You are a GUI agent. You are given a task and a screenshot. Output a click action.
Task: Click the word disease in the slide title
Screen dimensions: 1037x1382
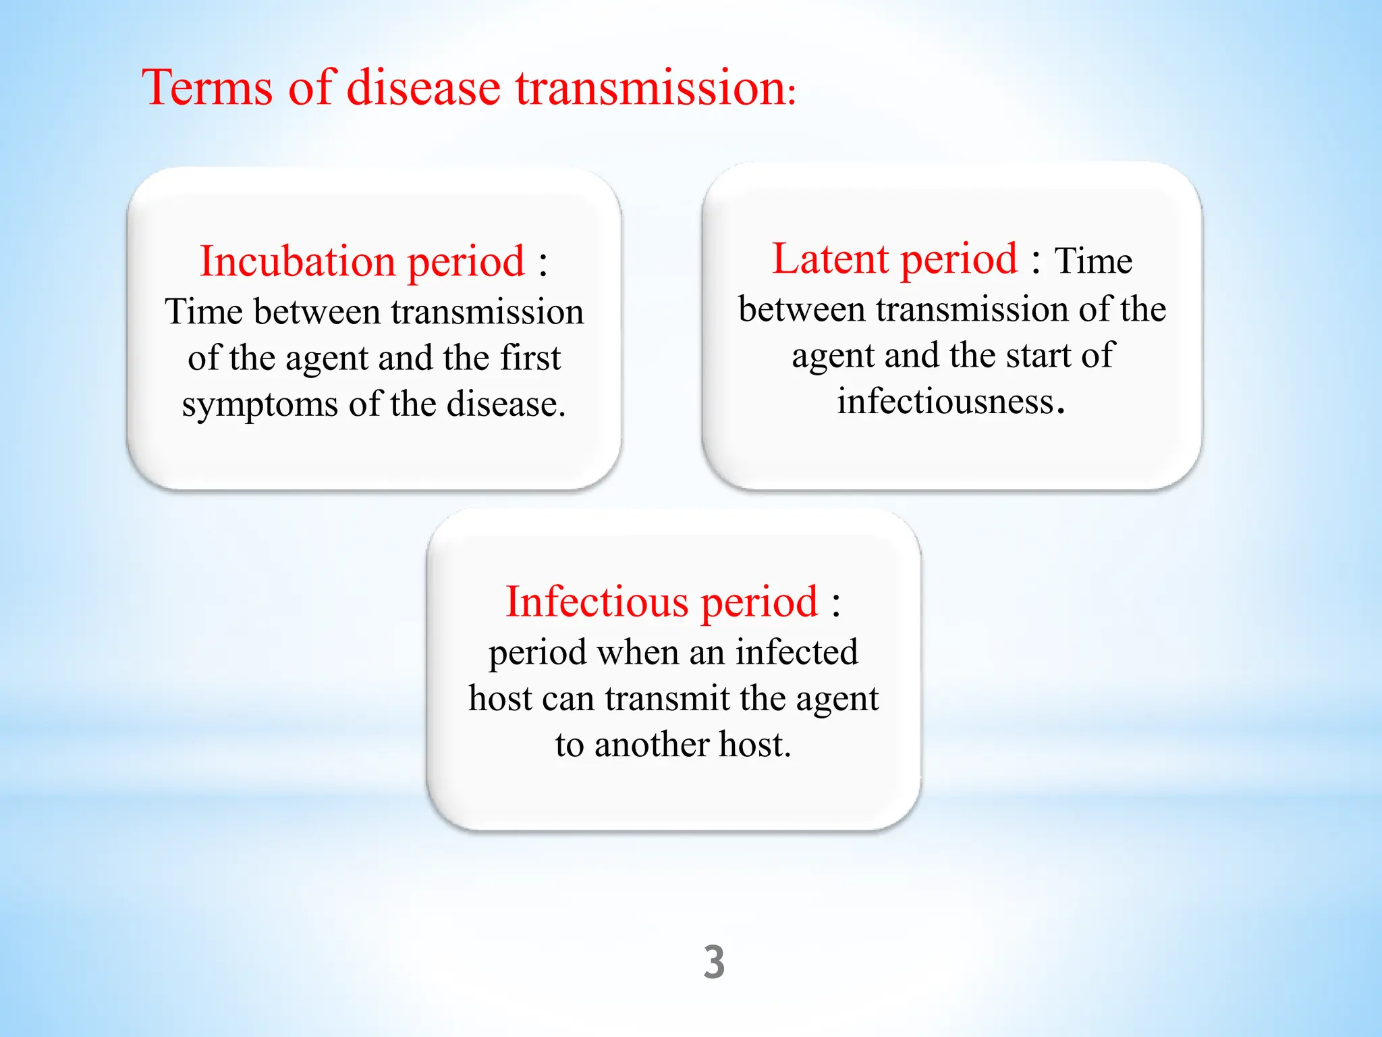click(x=423, y=88)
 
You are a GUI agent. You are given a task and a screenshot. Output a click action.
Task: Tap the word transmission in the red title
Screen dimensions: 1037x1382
click(x=651, y=88)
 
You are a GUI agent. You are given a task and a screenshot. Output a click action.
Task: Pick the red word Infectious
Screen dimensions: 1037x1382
click(x=595, y=602)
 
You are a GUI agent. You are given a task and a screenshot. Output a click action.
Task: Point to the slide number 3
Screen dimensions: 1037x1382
click(x=714, y=962)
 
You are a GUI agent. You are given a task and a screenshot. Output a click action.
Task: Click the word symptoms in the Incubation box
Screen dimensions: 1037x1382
click(x=260, y=405)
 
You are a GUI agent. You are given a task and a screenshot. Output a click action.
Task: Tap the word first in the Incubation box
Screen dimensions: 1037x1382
click(x=530, y=358)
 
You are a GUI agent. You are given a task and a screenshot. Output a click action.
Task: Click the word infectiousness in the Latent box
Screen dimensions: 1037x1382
click(x=945, y=402)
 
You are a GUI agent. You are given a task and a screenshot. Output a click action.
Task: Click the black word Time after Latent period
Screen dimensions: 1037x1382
click(x=1093, y=261)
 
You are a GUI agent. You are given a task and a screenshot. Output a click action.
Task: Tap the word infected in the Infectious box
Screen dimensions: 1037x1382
click(x=796, y=653)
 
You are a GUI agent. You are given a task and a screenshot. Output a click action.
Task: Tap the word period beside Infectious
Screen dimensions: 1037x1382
click(x=759, y=603)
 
